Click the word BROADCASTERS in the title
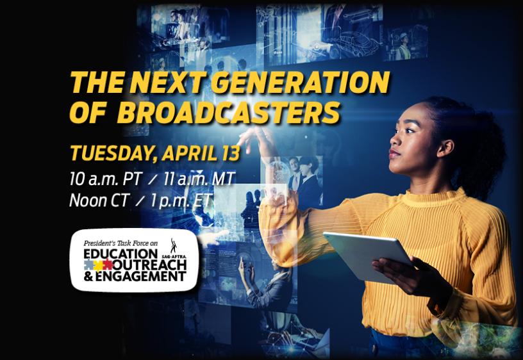pyautogui.click(x=228, y=113)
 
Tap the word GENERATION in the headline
pyautogui.click(x=300, y=83)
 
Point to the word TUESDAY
pyautogui.click(x=113, y=154)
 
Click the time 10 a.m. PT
pyautogui.click(x=106, y=179)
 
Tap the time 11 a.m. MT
pyautogui.click(x=199, y=179)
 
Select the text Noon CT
pyautogui.click(x=99, y=200)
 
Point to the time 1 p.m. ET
pyautogui.click(x=181, y=201)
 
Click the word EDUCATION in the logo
pyautogui.click(x=120, y=254)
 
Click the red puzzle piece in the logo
pyautogui.click(x=108, y=265)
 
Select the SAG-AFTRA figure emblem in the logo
pyautogui.click(x=173, y=246)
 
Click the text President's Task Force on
pyautogui.click(x=120, y=243)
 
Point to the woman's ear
pyautogui.click(x=446, y=149)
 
